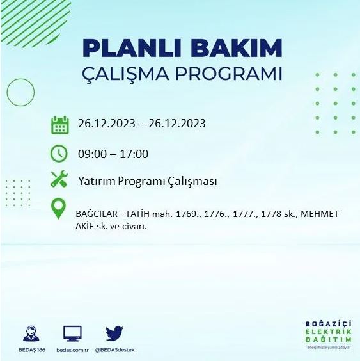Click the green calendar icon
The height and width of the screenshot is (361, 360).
click(x=59, y=125)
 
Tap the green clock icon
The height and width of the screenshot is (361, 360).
click(x=59, y=154)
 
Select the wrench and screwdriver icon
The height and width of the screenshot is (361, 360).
click(x=59, y=180)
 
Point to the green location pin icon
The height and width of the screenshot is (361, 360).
click(x=59, y=209)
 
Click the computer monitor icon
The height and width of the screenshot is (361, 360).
click(x=72, y=333)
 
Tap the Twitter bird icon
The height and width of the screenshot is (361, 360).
click(x=114, y=333)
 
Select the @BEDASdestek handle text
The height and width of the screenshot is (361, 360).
click(x=114, y=350)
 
